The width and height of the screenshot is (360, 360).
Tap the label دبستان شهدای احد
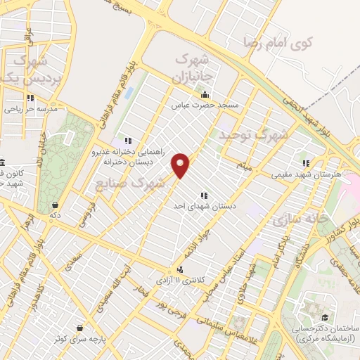(204, 206)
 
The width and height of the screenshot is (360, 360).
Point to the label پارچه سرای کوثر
(79, 339)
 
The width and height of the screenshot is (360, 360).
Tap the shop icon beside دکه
(54, 205)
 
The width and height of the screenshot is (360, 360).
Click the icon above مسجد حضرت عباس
(205, 95)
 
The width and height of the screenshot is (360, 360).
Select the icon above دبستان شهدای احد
(204, 195)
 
